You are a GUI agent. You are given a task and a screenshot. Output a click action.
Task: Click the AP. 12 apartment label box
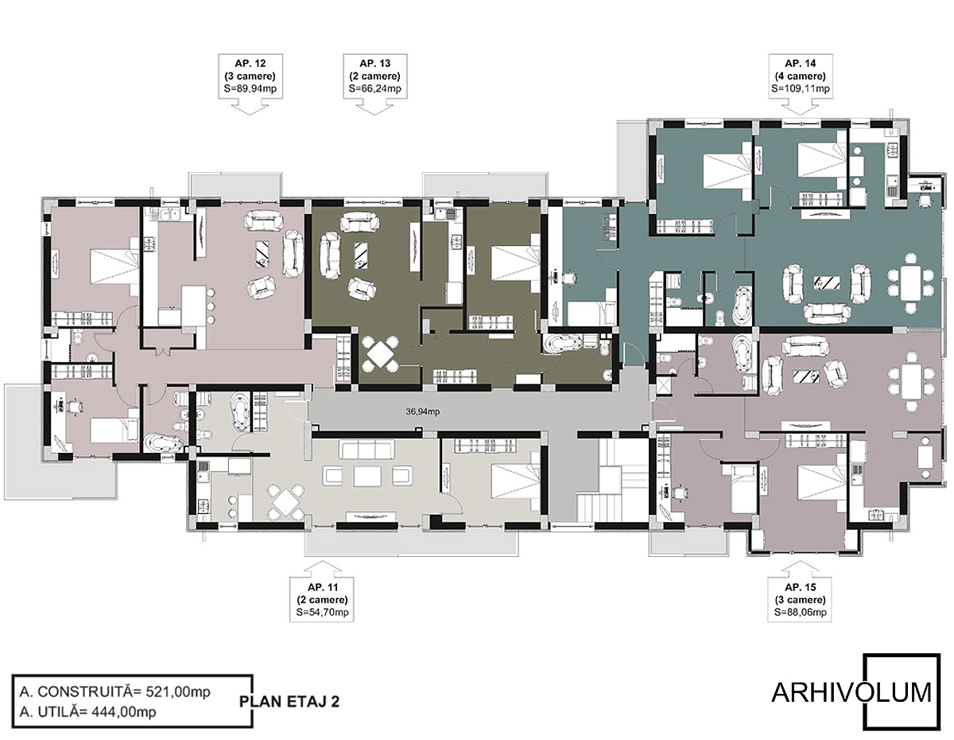[x=250, y=76]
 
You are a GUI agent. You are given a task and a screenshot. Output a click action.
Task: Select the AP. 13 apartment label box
[x=375, y=76]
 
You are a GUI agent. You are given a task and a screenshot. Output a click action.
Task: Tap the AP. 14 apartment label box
[x=800, y=76]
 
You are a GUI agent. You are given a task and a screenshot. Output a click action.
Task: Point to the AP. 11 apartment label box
[x=322, y=599]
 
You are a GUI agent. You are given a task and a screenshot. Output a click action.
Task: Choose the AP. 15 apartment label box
[x=800, y=599]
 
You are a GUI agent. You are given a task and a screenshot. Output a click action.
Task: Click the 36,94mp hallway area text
[x=422, y=411]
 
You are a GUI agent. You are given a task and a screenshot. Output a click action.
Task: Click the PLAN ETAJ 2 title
[x=289, y=702]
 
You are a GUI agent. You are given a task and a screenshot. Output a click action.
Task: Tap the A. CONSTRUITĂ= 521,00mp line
[x=115, y=691]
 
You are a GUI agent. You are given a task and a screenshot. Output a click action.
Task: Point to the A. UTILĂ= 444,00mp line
[x=87, y=711]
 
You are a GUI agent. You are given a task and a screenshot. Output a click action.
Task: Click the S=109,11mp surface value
[x=801, y=89]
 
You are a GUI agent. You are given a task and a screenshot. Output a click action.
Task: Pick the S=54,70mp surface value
[x=322, y=612]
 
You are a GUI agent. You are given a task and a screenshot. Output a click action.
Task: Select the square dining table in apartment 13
[x=380, y=354]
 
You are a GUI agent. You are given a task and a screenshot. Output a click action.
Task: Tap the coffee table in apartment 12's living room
[x=262, y=254]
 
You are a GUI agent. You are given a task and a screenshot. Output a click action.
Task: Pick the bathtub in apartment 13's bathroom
[x=562, y=344]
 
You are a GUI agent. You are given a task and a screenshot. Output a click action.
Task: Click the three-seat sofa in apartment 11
[x=366, y=450]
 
